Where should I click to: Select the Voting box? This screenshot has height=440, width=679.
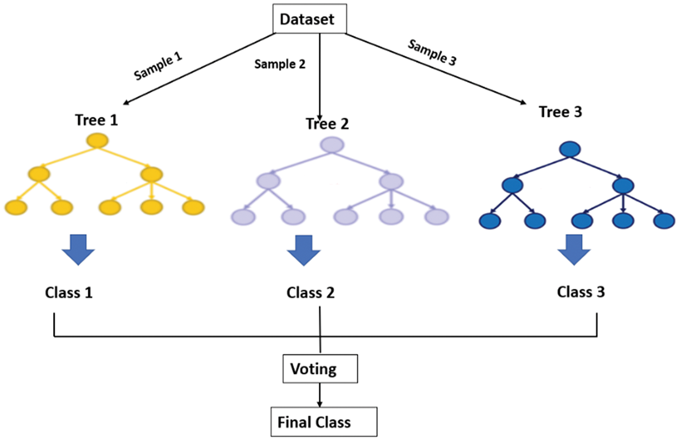(x=321, y=369)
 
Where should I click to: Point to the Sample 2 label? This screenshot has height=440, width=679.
(x=280, y=64)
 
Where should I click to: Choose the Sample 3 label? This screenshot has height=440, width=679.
(x=432, y=52)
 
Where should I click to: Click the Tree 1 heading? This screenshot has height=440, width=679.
(x=96, y=120)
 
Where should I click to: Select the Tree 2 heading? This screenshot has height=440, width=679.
(x=327, y=124)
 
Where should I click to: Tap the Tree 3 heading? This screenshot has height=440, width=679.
(x=562, y=112)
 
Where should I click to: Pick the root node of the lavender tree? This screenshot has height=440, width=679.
(x=332, y=145)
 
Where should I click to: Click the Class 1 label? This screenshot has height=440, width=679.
(x=69, y=294)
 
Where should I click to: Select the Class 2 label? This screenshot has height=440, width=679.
(x=311, y=293)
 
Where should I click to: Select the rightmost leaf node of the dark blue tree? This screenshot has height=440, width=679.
(x=664, y=221)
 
